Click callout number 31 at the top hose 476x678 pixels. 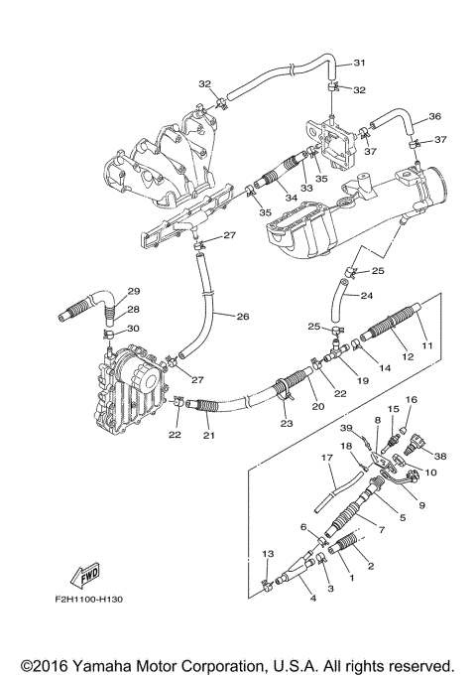point(359,64)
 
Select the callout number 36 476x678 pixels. point(434,116)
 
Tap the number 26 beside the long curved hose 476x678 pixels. point(243,318)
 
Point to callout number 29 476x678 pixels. point(134,291)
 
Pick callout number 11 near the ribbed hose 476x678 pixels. point(428,344)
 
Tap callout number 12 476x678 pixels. point(406,354)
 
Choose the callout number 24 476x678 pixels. point(366,296)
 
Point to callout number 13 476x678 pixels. point(267,553)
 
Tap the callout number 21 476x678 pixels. point(208,436)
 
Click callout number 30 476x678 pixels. point(134,329)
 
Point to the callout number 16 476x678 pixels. point(412,399)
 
